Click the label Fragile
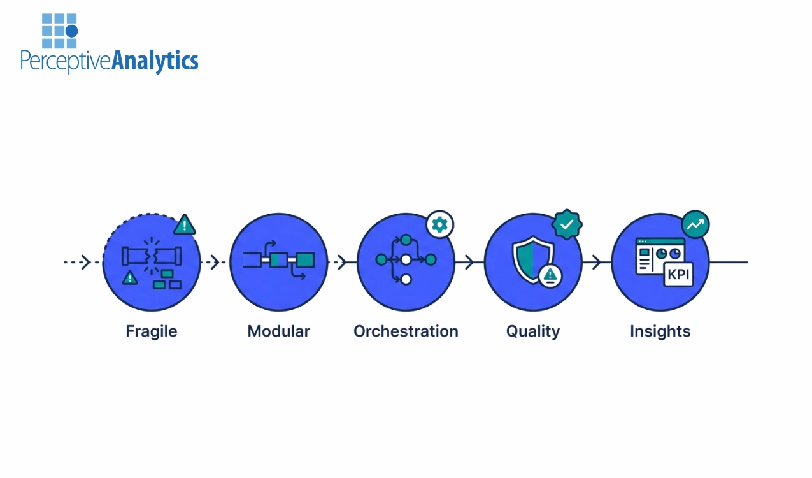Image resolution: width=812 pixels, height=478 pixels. (152, 331)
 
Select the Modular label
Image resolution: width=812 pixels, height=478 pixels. (278, 331)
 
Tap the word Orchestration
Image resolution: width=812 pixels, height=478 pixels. (406, 331)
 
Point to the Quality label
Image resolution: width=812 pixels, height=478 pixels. (533, 331)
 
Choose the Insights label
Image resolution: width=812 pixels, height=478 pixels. (660, 331)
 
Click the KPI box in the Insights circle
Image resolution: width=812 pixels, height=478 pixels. (678, 275)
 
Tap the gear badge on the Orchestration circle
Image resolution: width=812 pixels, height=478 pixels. (440, 224)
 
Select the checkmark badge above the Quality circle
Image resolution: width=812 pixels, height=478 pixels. (567, 224)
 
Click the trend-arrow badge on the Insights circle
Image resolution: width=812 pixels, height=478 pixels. (695, 224)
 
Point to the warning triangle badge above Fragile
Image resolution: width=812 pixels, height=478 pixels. (185, 224)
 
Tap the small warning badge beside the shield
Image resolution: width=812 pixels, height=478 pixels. (550, 276)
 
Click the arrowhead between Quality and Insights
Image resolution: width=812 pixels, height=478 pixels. (597, 262)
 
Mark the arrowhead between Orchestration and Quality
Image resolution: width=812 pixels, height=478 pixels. (469, 262)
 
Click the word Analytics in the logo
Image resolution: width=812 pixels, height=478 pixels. (155, 61)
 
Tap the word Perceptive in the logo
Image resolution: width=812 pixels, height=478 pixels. (66, 61)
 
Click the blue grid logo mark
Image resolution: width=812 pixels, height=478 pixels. (59, 31)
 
